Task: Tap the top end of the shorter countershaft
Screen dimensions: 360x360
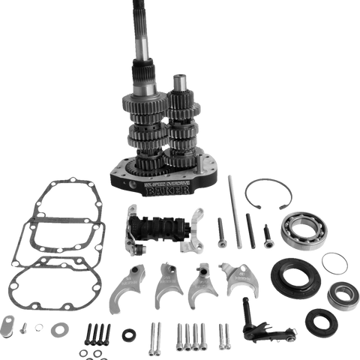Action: click(x=178, y=79)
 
